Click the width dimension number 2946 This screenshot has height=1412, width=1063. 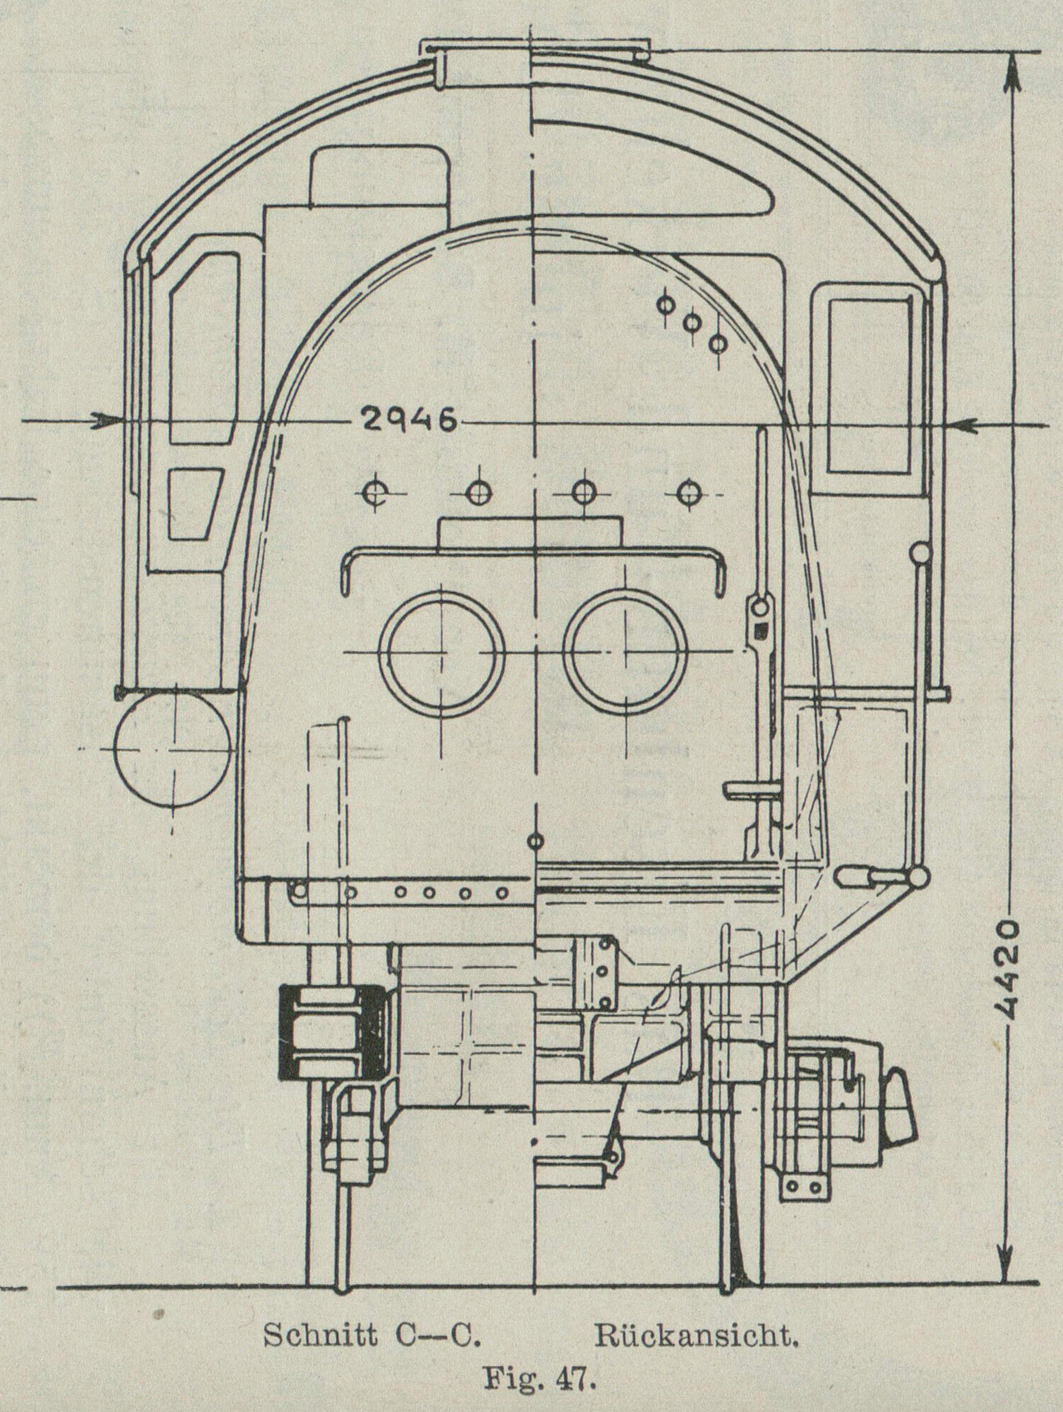[409, 421]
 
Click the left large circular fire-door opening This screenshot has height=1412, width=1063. [439, 652]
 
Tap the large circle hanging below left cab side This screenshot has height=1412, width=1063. [172, 748]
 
